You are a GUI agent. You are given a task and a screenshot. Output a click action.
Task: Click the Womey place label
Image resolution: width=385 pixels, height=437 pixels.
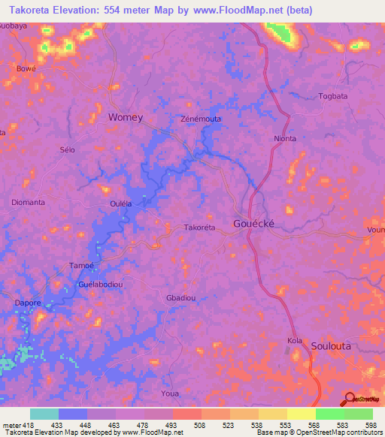coord(126,117)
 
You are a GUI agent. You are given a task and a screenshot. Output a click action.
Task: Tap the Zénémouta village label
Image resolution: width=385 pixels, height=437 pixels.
coord(201,119)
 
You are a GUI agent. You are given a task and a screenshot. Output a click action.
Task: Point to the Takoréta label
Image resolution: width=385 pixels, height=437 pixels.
coord(200,227)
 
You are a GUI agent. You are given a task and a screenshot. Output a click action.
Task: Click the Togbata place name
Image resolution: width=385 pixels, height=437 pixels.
coord(334,96)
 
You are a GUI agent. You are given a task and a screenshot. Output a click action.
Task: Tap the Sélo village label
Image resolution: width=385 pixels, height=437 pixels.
coord(68,150)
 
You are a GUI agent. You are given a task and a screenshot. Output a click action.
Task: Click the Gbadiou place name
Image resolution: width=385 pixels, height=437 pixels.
coord(180,298)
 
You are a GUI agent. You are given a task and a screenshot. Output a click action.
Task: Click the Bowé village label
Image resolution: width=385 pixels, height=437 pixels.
coord(26,68)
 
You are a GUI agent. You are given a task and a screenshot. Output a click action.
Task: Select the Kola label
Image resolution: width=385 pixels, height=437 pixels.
coord(295,342)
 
